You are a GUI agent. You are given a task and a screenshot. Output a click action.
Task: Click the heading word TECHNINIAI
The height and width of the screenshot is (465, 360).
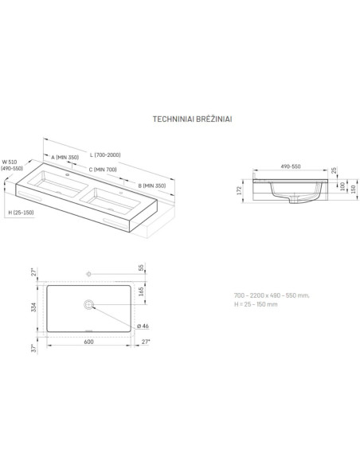coord(173,119)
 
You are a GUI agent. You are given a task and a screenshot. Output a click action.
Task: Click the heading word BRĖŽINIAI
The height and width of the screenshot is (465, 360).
coord(214,119)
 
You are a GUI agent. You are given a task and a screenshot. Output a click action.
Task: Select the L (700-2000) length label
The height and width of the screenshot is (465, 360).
coord(106,155)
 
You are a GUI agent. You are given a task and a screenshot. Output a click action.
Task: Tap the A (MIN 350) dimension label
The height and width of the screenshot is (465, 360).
coord(65,157)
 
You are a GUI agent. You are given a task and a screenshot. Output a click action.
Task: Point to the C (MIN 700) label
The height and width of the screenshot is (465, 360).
coord(103,170)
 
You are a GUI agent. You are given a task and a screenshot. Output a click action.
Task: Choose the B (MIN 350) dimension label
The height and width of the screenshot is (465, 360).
coord(152,186)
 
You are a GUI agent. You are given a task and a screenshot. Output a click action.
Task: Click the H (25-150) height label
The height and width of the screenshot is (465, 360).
coord(21,213)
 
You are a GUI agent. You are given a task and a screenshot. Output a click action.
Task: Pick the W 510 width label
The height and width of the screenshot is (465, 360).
coord(10,162)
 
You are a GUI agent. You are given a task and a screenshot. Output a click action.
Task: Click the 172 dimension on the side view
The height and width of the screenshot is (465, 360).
coord(239,190)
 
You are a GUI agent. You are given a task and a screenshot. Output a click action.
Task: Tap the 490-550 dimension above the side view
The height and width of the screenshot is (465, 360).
coord(291,166)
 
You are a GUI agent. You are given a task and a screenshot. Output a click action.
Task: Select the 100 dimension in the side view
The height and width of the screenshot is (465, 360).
coord(342,186)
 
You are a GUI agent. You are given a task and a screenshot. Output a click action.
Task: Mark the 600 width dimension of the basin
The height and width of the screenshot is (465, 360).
coord(88,342)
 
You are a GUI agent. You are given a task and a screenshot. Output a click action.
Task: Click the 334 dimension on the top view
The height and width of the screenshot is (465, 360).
coord(33,307)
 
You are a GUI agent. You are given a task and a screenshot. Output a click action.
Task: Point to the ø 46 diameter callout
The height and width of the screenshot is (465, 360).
coord(143,326)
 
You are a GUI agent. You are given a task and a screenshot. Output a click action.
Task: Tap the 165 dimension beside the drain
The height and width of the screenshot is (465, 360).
coord(141,291)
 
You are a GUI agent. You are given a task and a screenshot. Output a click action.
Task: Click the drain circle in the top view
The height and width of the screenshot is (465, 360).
coord(88,304)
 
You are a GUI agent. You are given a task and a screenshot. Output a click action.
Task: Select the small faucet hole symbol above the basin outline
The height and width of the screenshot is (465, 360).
coord(88,274)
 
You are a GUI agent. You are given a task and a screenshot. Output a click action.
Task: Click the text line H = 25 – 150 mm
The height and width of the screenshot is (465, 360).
coord(256,304)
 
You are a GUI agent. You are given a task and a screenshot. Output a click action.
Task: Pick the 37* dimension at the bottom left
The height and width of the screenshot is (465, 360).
coord(34,348)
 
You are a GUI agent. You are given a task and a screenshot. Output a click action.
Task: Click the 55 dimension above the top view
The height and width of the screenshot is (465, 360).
coord(141,268)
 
